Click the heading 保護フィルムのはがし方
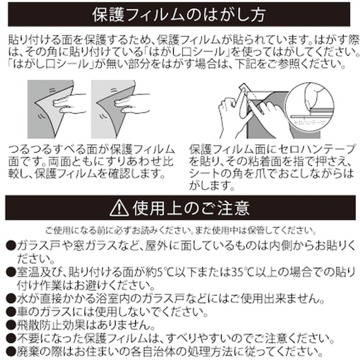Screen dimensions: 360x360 pos(179,14)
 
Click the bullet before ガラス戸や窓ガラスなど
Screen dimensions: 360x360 pos(11,245)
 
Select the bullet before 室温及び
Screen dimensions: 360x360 pos(11,272)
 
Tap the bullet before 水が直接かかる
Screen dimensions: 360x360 pos(11,297)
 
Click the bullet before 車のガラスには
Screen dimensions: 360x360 pos(11,311)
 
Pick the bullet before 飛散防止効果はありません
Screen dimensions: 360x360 pos(11,325)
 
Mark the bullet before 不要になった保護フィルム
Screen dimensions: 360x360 pos(11,338)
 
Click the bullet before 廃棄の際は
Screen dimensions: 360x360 pos(11,351)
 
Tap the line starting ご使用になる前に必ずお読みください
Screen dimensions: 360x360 pos(180,230)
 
